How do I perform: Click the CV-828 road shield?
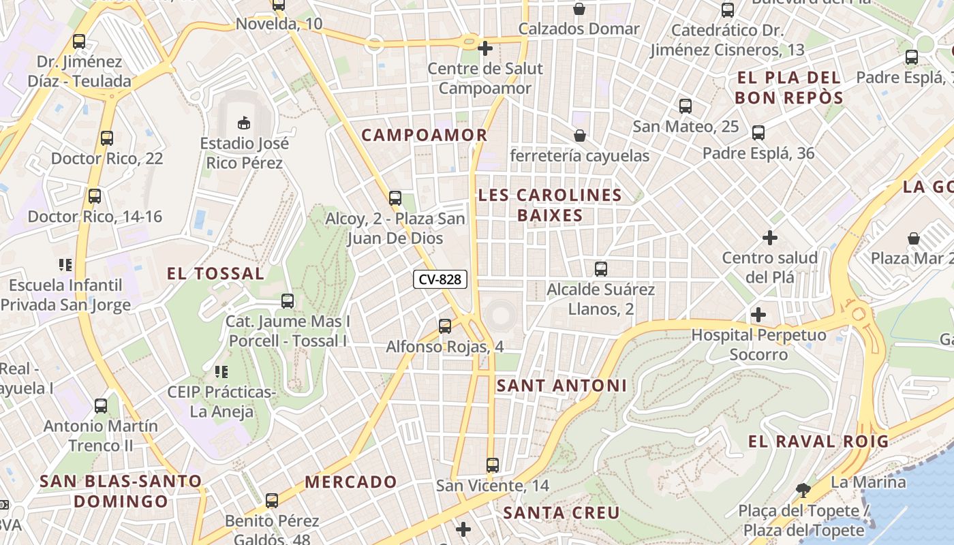(440, 279)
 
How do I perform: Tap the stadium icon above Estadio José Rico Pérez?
(243, 123)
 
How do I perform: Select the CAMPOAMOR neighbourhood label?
(425, 135)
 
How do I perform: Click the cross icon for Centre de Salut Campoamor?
(485, 48)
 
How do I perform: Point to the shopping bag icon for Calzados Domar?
(579, 9)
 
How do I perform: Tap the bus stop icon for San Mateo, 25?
(686, 106)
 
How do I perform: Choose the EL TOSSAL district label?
(216, 274)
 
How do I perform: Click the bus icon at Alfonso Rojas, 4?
(445, 326)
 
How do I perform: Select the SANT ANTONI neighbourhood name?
(561, 386)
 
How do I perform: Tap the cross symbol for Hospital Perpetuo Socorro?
(758, 315)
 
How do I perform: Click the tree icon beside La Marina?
(804, 490)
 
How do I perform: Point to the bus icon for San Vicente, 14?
(493, 465)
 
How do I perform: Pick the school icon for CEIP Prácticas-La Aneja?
(221, 372)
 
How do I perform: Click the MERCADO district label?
(350, 482)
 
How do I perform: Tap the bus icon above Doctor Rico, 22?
(107, 138)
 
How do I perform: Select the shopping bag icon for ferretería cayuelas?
(580, 136)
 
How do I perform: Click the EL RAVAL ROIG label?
(818, 441)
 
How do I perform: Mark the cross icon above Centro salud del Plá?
(770, 238)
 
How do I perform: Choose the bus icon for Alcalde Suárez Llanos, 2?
(600, 269)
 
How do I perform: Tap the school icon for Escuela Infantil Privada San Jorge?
(65, 264)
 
